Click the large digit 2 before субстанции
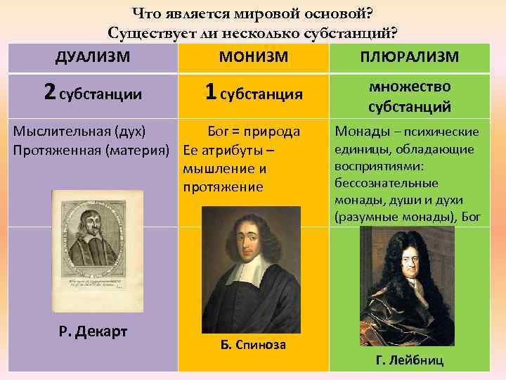pyautogui.click(x=49, y=91)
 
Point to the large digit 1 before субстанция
pyautogui.click(x=210, y=91)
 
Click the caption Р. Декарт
pyautogui.click(x=87, y=331)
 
